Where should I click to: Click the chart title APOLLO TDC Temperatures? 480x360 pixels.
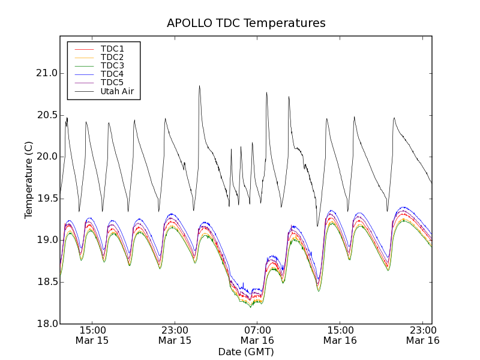point(246,23)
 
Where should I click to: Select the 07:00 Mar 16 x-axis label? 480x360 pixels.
point(257,335)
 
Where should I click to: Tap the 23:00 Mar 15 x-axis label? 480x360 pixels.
point(175,335)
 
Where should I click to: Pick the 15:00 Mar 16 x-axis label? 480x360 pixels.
point(340,335)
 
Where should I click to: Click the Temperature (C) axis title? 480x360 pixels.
point(29,180)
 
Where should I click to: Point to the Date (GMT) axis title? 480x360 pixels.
point(246,352)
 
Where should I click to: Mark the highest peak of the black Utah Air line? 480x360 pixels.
point(199,86)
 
